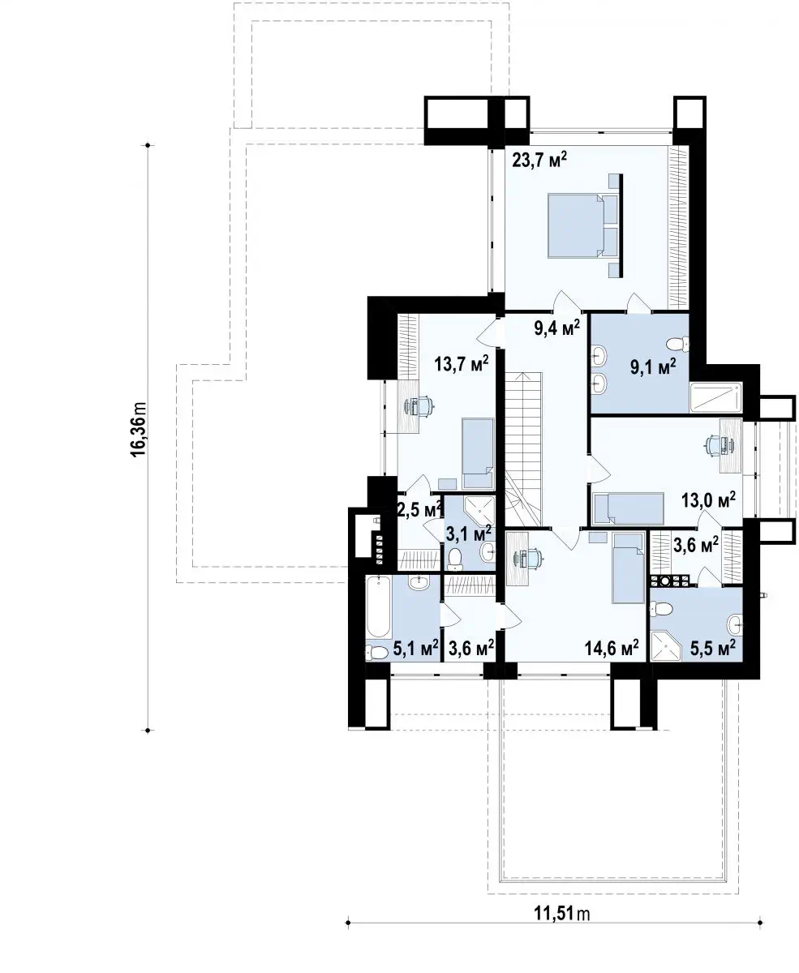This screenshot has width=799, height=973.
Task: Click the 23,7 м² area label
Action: click(539, 161)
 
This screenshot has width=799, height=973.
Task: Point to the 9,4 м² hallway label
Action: click(556, 328)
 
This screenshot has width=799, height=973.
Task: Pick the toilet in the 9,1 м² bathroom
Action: click(677, 344)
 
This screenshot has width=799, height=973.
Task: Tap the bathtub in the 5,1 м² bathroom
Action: click(379, 607)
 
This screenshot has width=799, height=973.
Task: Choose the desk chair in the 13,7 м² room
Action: click(419, 405)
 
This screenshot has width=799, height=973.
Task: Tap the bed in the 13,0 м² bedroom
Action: click(628, 509)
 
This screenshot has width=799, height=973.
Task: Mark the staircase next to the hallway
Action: click(522, 449)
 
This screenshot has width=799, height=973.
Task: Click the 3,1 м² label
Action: click(468, 535)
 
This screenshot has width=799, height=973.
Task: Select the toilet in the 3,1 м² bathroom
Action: click(455, 558)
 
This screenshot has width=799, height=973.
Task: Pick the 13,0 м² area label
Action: click(708, 500)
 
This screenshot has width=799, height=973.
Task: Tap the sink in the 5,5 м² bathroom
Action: click(735, 624)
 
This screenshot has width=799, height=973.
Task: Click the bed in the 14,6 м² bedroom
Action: click(628, 568)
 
